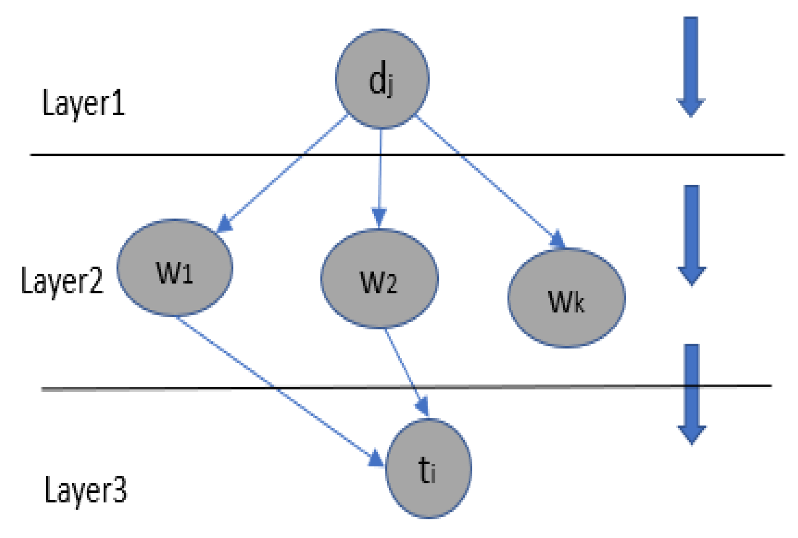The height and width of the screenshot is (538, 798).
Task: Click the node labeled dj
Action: click(x=382, y=79)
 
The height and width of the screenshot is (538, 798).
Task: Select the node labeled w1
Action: click(x=175, y=268)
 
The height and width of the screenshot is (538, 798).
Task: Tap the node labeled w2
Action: click(x=379, y=279)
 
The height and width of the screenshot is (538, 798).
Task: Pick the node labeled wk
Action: click(x=566, y=298)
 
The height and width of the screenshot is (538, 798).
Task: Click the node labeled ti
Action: click(x=428, y=469)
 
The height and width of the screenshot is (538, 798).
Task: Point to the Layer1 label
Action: click(x=84, y=103)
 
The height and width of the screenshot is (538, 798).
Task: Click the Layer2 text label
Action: click(x=63, y=281)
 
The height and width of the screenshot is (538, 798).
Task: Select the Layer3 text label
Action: click(x=85, y=490)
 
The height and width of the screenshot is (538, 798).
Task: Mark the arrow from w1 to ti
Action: click(x=274, y=386)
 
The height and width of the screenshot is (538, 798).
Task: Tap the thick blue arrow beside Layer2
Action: click(x=692, y=233)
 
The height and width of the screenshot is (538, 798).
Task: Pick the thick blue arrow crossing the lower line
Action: click(x=692, y=393)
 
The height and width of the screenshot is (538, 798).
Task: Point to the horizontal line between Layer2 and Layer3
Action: click(x=548, y=387)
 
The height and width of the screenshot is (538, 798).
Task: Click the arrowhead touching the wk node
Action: click(x=558, y=240)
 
